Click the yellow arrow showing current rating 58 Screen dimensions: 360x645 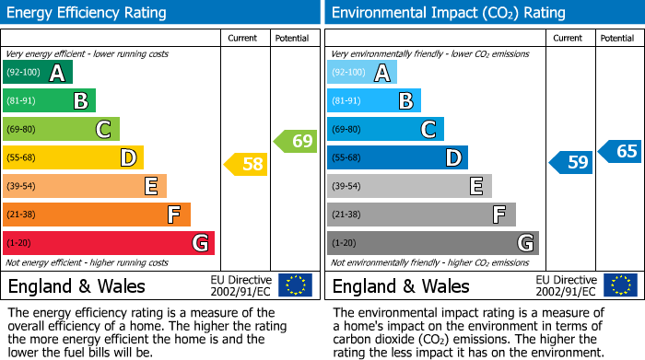pos(246,164)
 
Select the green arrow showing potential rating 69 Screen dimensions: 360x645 pos(295,141)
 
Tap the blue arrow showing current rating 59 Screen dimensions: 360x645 pos(570,163)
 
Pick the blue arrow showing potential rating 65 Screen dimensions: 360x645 pos(620,151)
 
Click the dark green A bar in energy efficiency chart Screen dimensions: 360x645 pos(38,73)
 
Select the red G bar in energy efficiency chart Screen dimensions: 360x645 pos(109,243)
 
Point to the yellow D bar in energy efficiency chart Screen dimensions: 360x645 pos(73,157)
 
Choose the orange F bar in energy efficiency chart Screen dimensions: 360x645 pos(97,215)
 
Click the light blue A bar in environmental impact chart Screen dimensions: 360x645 pos(362,73)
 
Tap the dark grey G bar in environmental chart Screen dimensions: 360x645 pos(433,243)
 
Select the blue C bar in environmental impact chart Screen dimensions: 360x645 pos(385,129)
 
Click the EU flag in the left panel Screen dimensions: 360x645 pos(295,285)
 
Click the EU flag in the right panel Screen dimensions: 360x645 pos(619,285)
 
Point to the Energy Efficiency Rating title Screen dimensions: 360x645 pos(88,13)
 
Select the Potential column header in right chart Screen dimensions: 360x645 pos(617,38)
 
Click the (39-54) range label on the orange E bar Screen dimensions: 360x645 pos(21,186)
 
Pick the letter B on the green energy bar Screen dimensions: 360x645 pos(81,101)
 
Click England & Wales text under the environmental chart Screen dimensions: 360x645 pos(401,285)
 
